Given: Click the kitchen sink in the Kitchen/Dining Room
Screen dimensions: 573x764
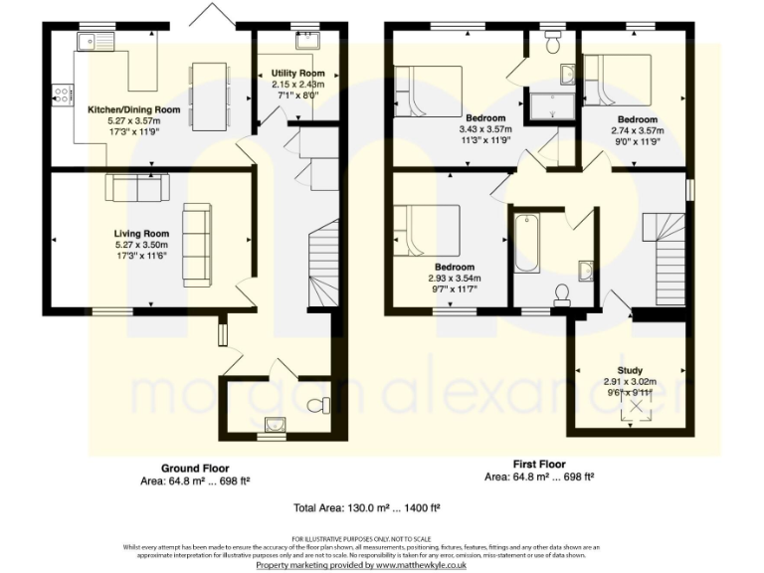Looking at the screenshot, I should tap(97, 42).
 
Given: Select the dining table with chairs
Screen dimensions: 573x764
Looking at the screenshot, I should tap(209, 95).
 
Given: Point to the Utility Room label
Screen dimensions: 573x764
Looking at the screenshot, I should tap(298, 74).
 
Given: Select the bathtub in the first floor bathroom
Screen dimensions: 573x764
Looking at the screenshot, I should tap(526, 243).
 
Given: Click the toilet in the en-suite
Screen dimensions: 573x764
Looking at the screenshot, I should tap(554, 43).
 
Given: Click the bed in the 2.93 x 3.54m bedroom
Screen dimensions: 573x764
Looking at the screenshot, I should tap(427, 230).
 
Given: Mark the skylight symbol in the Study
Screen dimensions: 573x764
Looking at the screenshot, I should tap(629, 410).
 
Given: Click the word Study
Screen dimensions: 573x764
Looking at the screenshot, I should tap(630, 370).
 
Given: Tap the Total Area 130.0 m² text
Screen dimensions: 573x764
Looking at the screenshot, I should tap(368, 506).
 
